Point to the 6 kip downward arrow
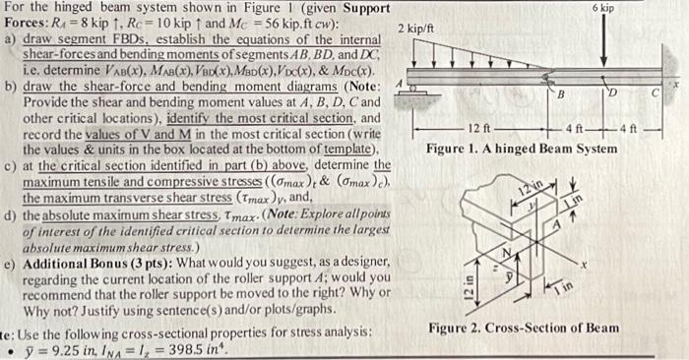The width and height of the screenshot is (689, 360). pos(602,44)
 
